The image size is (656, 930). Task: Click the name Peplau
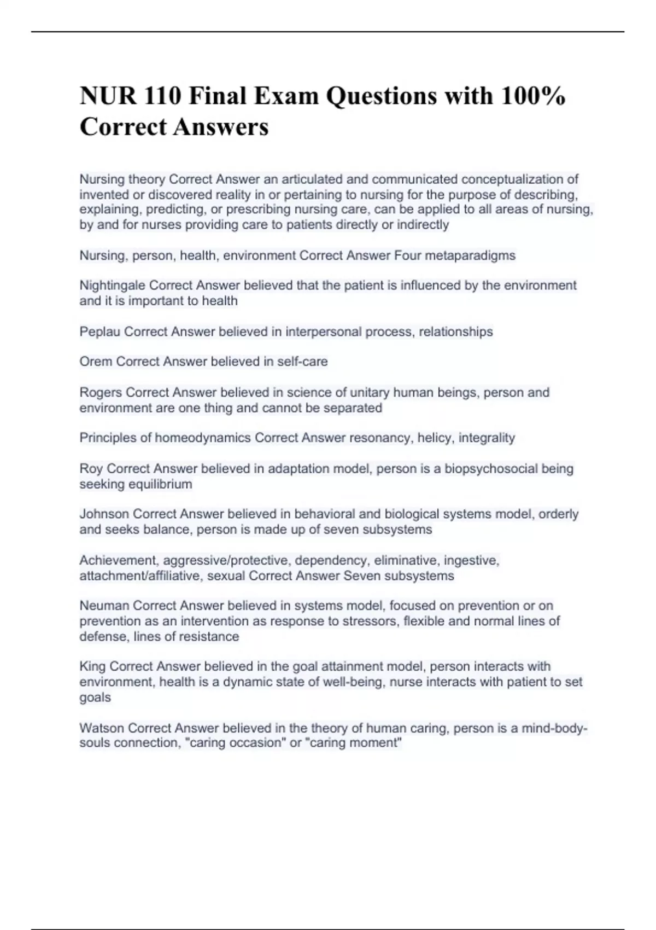[x=100, y=332]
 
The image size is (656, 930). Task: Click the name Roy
[x=91, y=468]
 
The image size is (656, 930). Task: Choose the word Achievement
[x=119, y=560]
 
